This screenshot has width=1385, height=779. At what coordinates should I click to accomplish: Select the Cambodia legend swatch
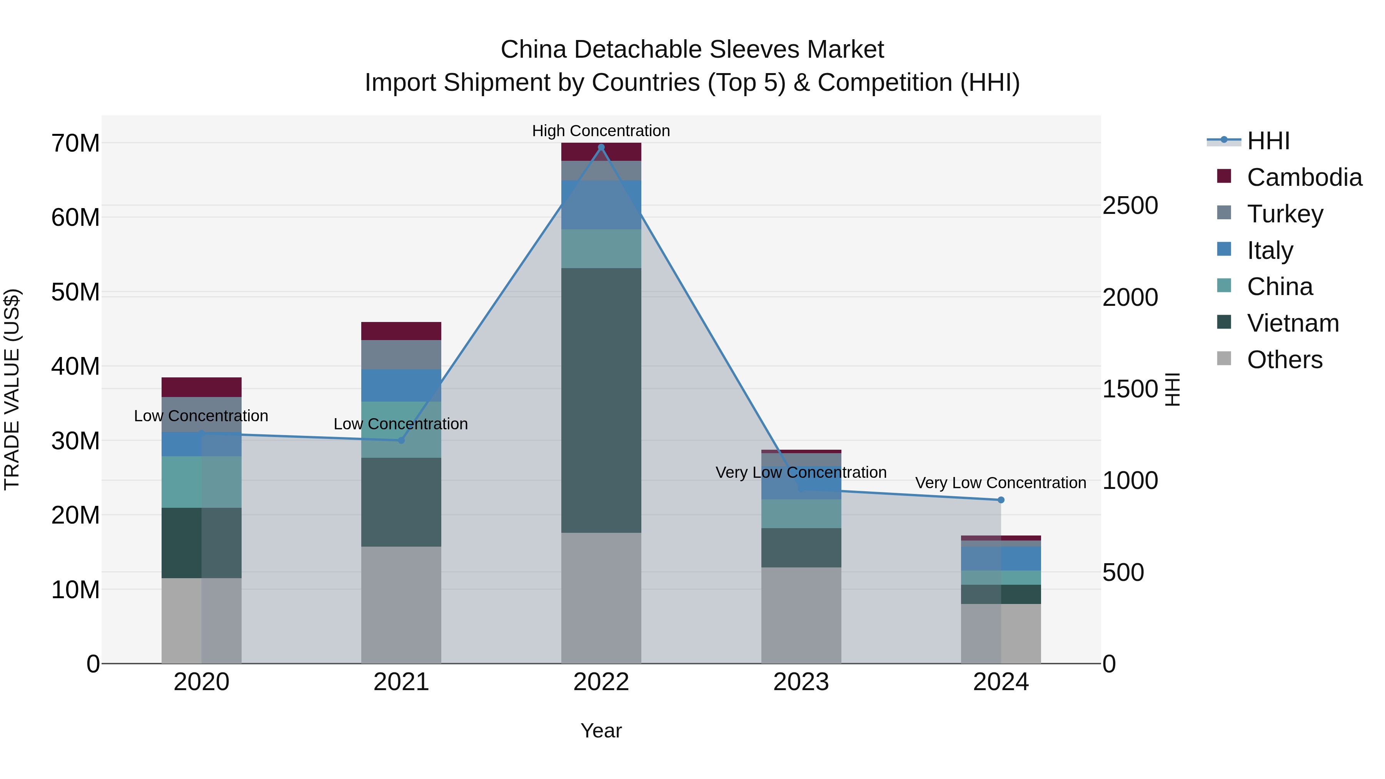click(1224, 176)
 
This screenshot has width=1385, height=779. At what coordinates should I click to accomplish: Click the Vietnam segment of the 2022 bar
click(601, 400)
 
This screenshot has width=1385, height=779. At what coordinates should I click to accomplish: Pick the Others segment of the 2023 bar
click(801, 615)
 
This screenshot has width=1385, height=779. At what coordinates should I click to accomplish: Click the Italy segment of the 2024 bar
click(1001, 558)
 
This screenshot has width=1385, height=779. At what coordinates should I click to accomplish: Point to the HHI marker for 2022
click(601, 147)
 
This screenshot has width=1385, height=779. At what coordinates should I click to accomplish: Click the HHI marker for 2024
click(1001, 500)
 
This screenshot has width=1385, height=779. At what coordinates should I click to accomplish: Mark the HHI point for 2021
click(401, 440)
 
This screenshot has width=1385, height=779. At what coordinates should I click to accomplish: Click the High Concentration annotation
click(601, 131)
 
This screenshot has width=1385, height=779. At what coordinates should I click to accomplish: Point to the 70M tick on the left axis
click(75, 143)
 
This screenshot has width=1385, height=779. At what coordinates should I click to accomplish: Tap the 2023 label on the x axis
click(801, 682)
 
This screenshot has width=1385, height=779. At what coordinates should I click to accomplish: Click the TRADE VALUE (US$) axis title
click(12, 389)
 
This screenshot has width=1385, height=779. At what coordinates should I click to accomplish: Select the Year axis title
click(601, 731)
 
